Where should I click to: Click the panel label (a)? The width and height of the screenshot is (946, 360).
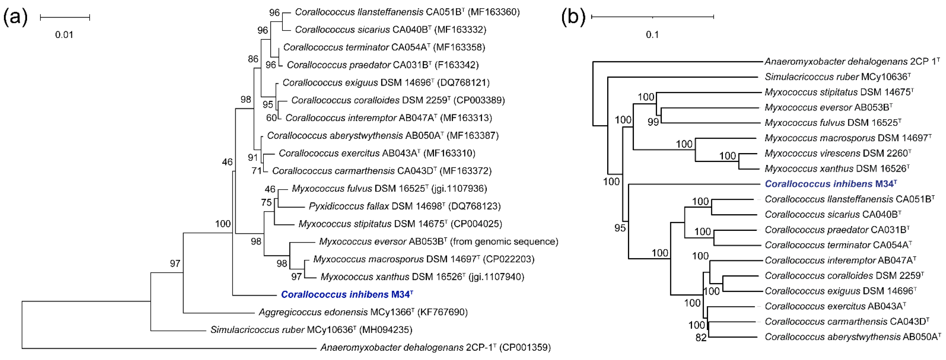click(x=15, y=17)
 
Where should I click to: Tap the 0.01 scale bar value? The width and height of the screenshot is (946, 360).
click(x=64, y=35)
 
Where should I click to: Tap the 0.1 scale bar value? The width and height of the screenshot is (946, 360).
click(x=652, y=35)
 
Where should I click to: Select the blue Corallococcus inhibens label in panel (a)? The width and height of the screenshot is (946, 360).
click(x=347, y=295)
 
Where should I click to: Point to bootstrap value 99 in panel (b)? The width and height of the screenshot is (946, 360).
click(x=653, y=122)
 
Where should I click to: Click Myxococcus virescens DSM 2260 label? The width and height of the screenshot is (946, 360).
click(x=838, y=153)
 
